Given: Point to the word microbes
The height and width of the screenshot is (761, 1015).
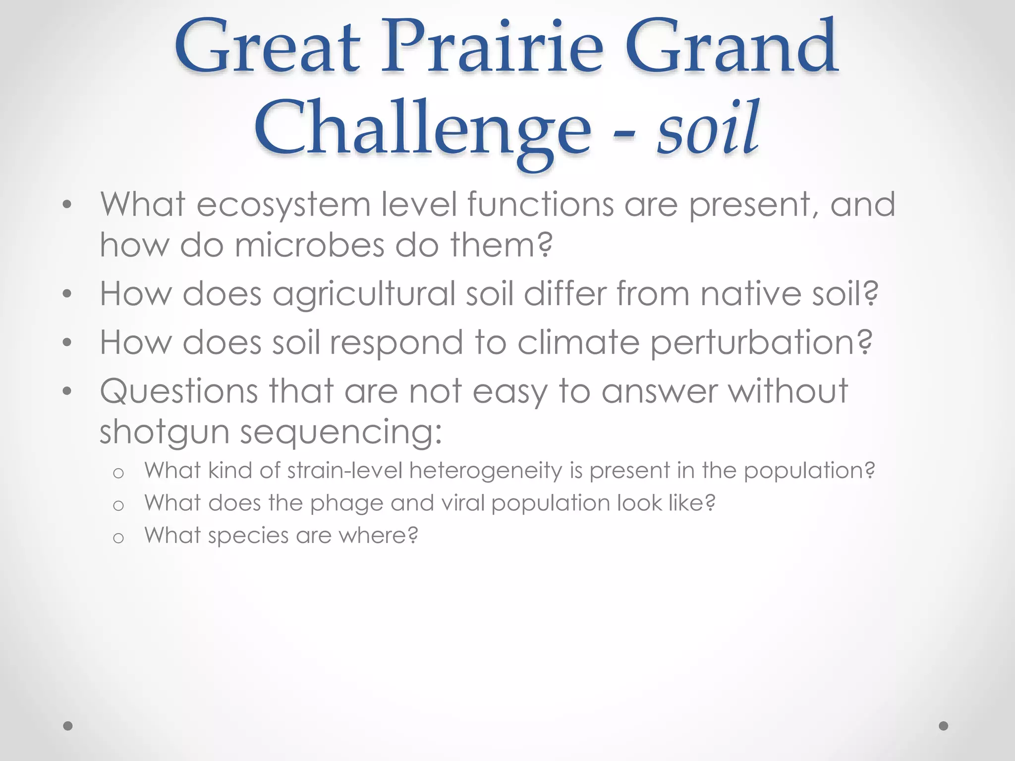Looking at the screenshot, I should coord(309,245).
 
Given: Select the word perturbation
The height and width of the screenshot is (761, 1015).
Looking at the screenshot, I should coord(761,343).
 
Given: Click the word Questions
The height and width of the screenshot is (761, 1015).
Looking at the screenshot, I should coord(179,391).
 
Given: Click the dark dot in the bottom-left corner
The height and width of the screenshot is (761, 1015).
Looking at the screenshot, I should coord(68,726).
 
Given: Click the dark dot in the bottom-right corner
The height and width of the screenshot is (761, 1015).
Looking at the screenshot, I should coord(944,726).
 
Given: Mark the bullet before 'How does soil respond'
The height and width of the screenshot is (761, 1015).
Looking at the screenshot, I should coord(67,343).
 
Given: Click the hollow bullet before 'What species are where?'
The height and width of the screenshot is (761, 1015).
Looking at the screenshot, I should coord(118,538).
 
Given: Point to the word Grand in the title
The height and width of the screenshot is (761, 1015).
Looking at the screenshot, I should coord(732,50).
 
